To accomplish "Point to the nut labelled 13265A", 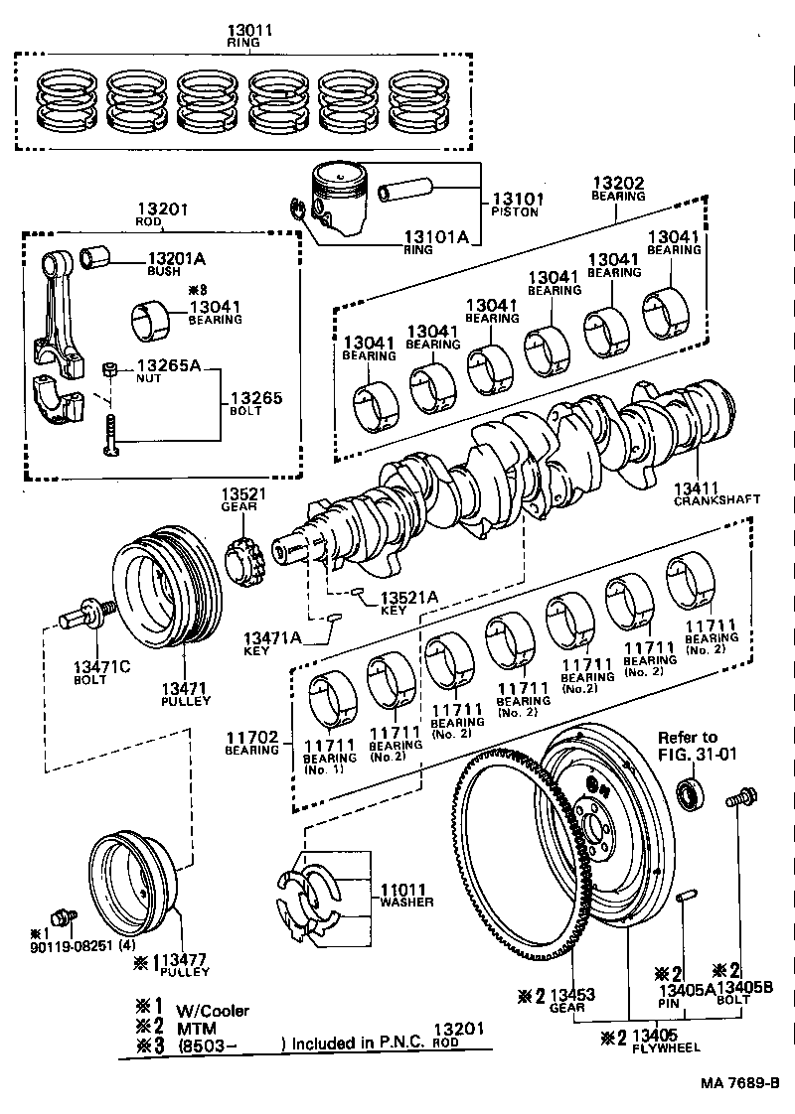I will pos(112,370).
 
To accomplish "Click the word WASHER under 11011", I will pos(406,903).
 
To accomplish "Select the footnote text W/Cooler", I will pos(213,1011).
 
